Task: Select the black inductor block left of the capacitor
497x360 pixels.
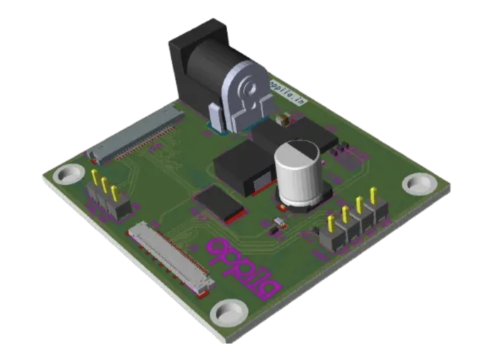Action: [241, 170]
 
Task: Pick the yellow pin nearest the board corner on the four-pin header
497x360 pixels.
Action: [373, 196]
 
